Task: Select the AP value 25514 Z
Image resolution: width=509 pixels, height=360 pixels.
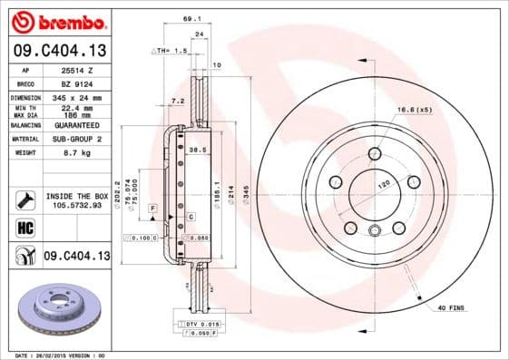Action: click(75, 70)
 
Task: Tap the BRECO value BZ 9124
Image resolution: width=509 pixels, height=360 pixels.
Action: click(75, 83)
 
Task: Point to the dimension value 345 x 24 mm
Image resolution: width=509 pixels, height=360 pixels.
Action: click(77, 97)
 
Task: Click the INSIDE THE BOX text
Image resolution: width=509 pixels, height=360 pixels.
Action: click(75, 196)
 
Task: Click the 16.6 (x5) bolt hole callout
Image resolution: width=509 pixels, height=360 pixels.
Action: click(412, 110)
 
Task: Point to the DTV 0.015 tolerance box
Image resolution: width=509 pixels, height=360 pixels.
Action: click(197, 324)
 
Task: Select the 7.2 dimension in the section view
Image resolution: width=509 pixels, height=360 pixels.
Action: click(177, 101)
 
